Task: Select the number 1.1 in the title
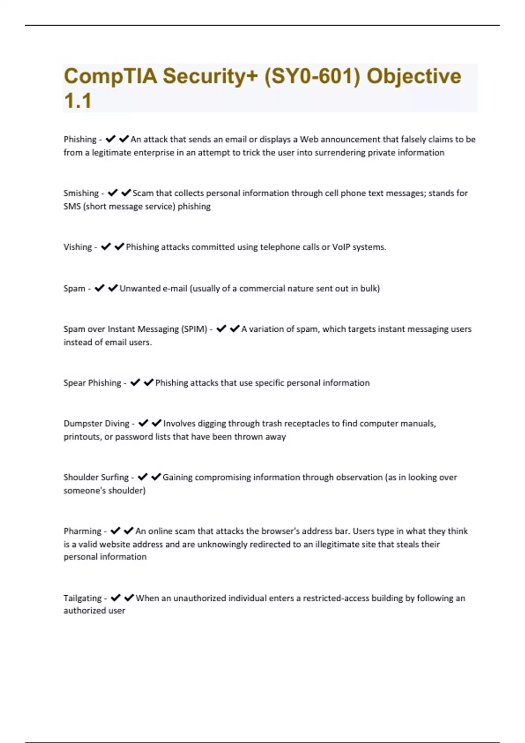point(77,101)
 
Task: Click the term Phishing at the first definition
point(80,139)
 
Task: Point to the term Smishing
point(81,193)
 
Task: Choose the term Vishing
point(77,247)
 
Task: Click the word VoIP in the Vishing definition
point(341,247)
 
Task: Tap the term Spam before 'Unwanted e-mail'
point(74,288)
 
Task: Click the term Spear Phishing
point(92,383)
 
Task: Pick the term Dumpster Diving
point(96,424)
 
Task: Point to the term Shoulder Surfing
point(96,477)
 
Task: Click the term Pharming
point(82,531)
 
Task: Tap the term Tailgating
point(82,598)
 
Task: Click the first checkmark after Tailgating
point(115,597)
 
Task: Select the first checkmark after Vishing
point(106,247)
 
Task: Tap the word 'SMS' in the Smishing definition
point(72,206)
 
